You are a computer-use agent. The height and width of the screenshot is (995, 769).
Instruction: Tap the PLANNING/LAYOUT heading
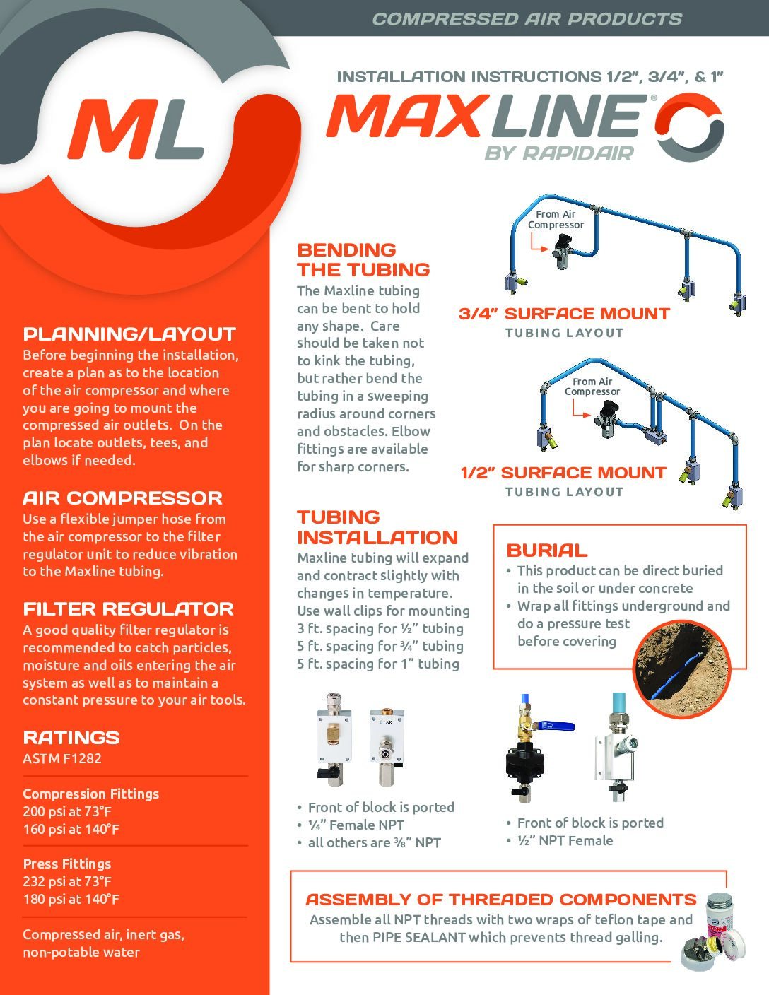(129, 334)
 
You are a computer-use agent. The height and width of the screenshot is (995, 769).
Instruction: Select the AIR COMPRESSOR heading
(122, 497)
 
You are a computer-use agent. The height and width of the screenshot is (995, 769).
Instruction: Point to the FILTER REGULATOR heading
(128, 609)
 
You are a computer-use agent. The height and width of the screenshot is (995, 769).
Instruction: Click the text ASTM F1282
(62, 758)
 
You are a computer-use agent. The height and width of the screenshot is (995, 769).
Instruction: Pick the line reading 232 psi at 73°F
(67, 881)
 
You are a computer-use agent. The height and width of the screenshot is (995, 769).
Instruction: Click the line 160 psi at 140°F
(71, 829)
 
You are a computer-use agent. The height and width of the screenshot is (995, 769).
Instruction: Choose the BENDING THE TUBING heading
(363, 259)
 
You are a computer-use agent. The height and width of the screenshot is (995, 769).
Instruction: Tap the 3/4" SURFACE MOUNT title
(564, 314)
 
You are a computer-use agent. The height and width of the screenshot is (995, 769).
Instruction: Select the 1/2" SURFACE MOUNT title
(563, 473)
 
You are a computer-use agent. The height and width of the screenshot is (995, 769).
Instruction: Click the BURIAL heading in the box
(547, 550)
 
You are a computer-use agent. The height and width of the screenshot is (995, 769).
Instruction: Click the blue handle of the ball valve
(557, 725)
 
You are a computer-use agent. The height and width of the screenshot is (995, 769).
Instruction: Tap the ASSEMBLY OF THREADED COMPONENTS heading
(500, 900)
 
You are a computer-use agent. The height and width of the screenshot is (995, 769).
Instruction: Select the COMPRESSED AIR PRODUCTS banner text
(527, 19)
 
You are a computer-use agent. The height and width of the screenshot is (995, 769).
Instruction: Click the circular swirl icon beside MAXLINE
(689, 127)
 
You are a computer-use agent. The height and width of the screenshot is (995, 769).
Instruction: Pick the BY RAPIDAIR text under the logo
(559, 153)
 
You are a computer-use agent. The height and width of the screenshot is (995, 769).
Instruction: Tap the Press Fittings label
(67, 864)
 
